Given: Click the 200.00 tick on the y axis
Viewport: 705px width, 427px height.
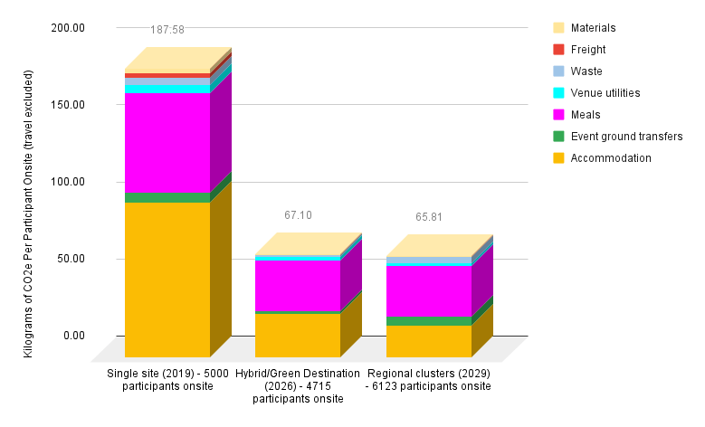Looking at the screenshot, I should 68,28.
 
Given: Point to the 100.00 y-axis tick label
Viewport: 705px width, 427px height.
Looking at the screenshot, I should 68,182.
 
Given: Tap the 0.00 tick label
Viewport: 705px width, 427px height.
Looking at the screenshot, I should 71,336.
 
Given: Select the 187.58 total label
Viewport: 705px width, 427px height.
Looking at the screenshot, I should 167,30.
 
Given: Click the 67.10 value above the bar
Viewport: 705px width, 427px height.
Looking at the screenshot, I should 298,215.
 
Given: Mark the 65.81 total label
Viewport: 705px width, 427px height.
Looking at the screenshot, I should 428,217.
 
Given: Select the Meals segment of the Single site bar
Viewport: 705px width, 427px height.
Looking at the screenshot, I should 167,143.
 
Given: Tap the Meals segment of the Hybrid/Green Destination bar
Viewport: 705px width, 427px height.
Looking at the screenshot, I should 298,285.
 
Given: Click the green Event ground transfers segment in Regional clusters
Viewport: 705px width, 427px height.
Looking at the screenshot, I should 428,320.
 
